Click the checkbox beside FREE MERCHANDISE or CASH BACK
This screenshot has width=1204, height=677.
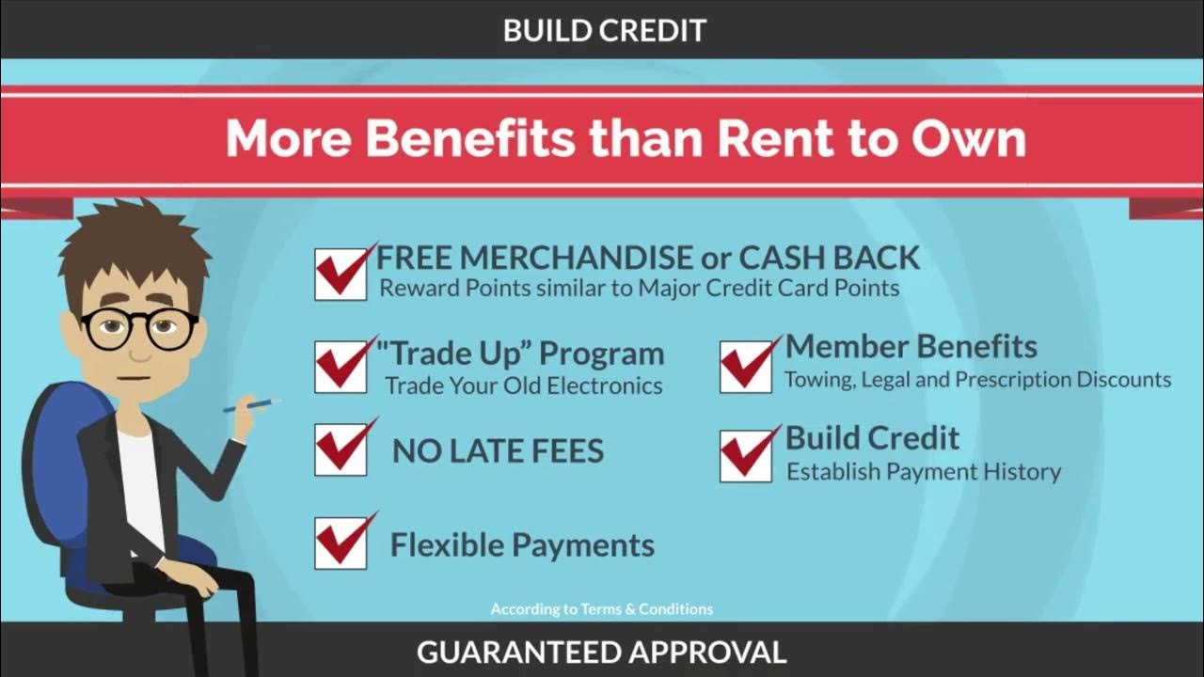tap(341, 275)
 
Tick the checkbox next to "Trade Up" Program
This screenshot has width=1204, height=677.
tap(341, 367)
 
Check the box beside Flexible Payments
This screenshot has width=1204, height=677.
tap(341, 543)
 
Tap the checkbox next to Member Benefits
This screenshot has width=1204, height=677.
tap(746, 367)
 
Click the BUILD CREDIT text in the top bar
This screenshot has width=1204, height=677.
tap(604, 30)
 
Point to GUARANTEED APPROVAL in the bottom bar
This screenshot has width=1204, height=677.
tap(601, 652)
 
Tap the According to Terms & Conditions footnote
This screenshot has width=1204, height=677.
tap(602, 609)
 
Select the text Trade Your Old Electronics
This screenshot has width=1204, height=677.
tap(523, 386)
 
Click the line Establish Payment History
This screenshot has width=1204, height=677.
tap(924, 472)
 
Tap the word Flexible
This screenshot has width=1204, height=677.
tap(441, 544)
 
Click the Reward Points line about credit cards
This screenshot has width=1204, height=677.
tap(639, 288)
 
